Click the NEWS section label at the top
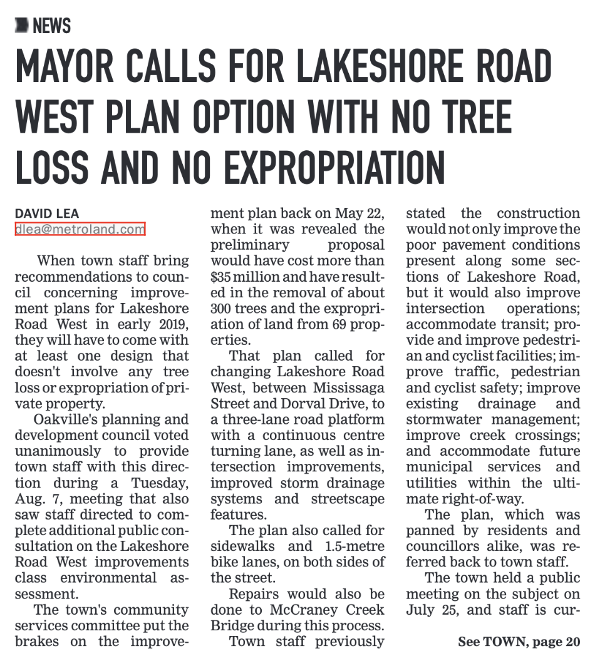pyautogui.click(x=51, y=26)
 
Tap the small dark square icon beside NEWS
pyautogui.click(x=22, y=26)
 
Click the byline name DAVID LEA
pyautogui.click(x=47, y=214)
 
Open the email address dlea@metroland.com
pyautogui.click(x=80, y=229)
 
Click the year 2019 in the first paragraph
pyautogui.click(x=169, y=324)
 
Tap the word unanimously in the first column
pyautogui.click(x=60, y=451)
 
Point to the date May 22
pyautogui.click(x=363, y=213)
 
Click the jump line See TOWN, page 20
pyautogui.click(x=519, y=642)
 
